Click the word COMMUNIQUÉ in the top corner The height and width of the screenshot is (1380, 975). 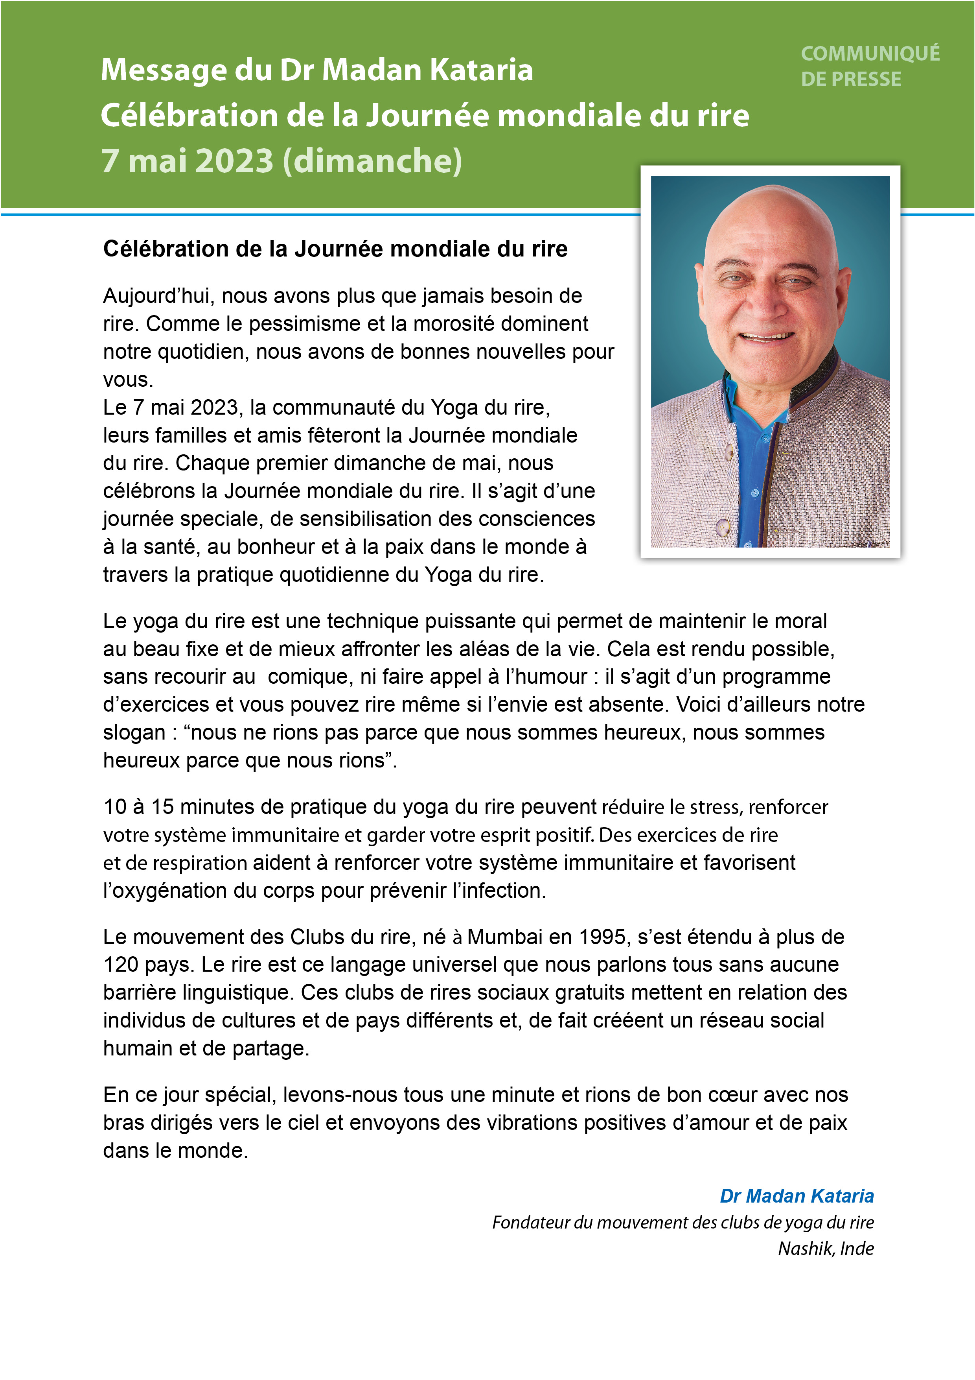click(x=870, y=54)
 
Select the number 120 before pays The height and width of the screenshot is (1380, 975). click(x=121, y=964)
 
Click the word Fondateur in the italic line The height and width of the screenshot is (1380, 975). click(x=530, y=1223)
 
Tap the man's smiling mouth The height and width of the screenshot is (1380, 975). click(x=767, y=337)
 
